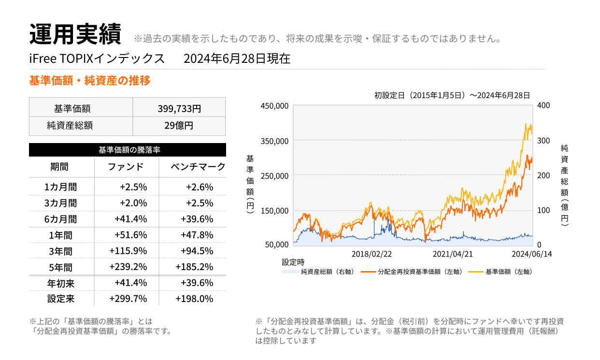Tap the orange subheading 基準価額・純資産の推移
[90, 81]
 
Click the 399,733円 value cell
[179, 108]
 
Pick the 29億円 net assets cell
[179, 126]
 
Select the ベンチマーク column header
[198, 167]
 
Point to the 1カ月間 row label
[60, 187]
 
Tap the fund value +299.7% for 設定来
[128, 299]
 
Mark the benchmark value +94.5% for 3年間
[197, 251]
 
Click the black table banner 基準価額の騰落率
[128, 150]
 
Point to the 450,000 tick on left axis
[274, 106]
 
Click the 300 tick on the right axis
[543, 141]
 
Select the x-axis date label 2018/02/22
[371, 254]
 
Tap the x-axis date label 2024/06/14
[531, 254]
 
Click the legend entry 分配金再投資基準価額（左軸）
[418, 272]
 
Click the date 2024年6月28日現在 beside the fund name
[237, 59]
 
